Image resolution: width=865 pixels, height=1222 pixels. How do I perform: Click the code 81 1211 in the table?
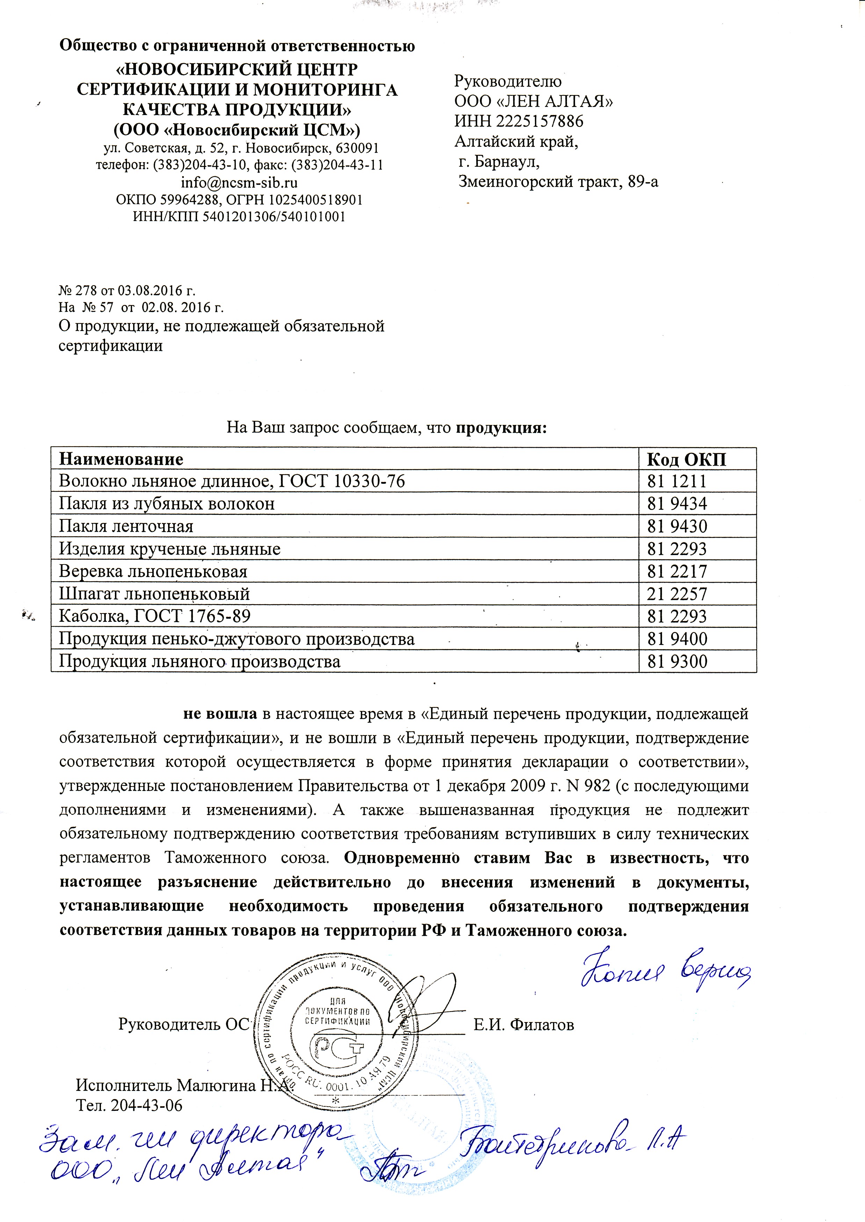pos(676,481)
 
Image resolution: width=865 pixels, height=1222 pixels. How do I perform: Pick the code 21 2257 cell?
pos(676,594)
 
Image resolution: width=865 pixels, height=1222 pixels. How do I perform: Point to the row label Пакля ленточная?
pos(126,526)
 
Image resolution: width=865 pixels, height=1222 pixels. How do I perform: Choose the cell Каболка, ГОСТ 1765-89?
pos(154,616)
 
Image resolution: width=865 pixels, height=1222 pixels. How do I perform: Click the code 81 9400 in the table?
pos(676,639)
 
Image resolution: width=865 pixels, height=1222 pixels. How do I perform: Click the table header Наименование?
pos(121,459)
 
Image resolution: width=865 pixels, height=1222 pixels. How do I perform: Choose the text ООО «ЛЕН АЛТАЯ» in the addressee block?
pos(533,101)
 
